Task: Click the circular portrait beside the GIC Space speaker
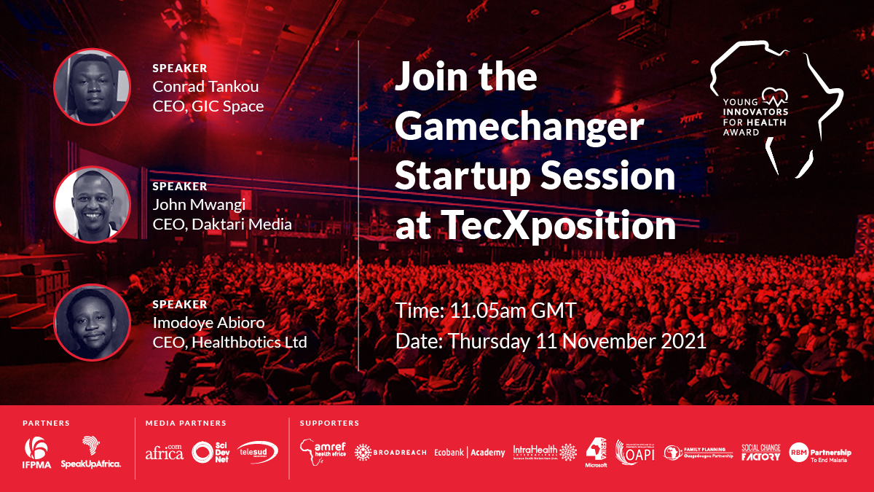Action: tap(92, 87)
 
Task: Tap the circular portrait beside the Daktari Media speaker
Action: tap(92, 204)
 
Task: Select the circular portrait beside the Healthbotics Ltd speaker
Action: tap(92, 321)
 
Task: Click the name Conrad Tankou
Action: tap(206, 87)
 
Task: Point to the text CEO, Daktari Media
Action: tap(222, 224)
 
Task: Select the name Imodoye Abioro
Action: tap(209, 322)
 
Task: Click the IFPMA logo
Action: tap(36, 452)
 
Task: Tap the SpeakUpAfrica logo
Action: tap(91, 452)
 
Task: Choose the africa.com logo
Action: tap(165, 452)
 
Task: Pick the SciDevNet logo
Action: tap(210, 452)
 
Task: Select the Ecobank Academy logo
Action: tap(469, 453)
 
